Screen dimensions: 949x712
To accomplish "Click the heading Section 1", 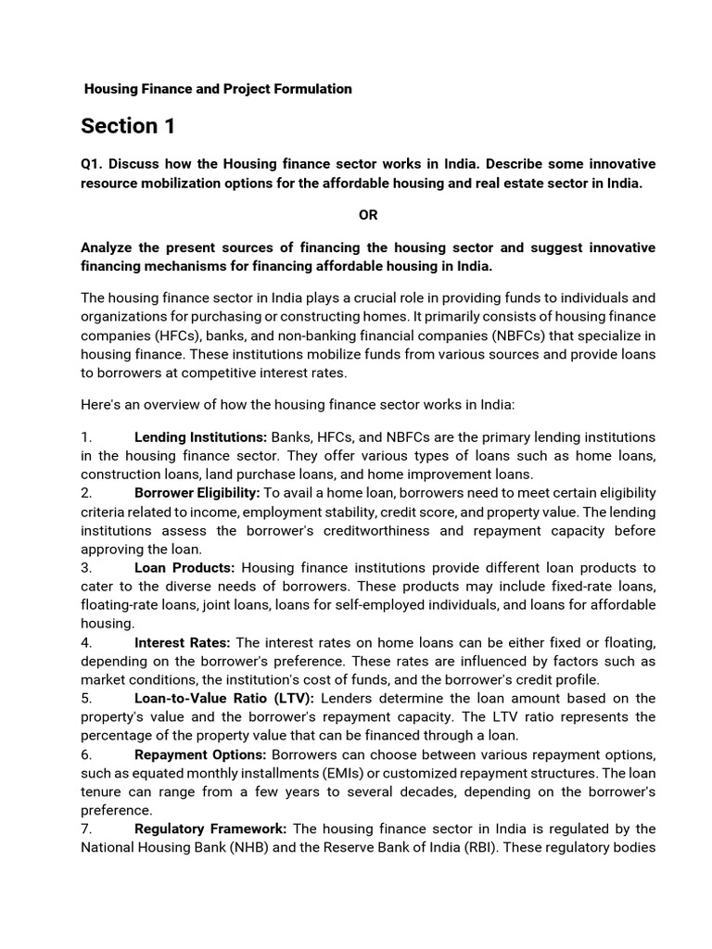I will tap(128, 126).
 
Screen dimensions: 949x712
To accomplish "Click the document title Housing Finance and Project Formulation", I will tap(218, 89).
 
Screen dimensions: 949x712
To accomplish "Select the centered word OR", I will tap(368, 215).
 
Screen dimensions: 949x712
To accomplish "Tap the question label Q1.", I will tap(92, 164).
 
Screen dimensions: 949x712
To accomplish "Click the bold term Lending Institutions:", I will tap(200, 437).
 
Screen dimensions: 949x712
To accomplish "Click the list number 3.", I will tap(86, 567).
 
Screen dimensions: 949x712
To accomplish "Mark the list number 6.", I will tap(86, 754).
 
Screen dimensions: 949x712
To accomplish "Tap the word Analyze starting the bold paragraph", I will tap(108, 247).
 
